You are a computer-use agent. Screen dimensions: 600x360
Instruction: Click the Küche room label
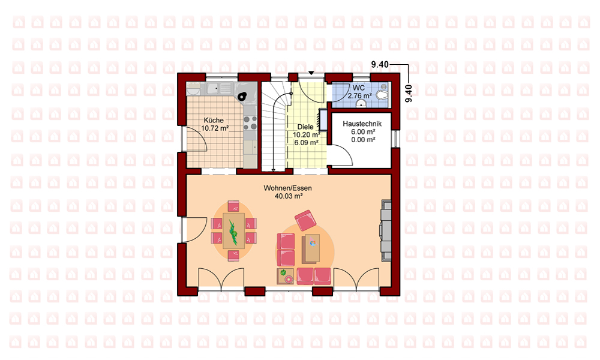tap(214, 120)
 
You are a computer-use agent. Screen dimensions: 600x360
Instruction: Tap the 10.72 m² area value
tap(215, 128)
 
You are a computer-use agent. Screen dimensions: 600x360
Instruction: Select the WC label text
tap(358, 88)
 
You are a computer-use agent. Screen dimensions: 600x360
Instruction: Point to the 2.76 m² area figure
tap(359, 95)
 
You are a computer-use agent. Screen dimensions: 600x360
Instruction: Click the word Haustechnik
tap(362, 124)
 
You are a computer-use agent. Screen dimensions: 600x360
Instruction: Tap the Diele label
tap(305, 127)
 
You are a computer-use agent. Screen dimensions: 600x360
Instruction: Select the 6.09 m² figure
tap(306, 143)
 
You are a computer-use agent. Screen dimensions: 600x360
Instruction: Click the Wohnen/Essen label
tap(288, 188)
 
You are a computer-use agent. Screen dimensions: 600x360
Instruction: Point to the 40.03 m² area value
tap(289, 196)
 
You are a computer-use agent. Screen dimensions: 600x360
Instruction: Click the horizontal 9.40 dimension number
tap(380, 65)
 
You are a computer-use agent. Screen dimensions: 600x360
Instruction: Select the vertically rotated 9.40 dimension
tap(409, 94)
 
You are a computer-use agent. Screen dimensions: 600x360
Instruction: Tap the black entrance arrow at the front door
tap(311, 73)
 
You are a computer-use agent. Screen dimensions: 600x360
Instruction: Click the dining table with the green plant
tap(233, 230)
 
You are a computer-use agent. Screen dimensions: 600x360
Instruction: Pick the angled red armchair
tap(305, 220)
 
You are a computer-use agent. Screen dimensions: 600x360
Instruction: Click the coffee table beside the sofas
tap(311, 248)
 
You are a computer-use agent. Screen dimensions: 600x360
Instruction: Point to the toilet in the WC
tap(382, 94)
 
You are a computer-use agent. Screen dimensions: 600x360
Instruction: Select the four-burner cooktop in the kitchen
tap(250, 123)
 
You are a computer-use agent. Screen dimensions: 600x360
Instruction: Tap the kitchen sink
tap(212, 89)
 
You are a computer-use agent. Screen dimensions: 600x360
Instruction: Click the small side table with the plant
tap(285, 276)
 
